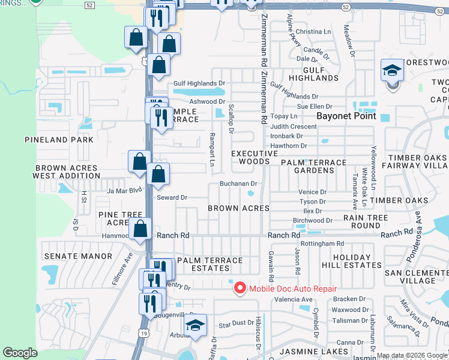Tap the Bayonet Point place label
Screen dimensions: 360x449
click(x=346, y=116)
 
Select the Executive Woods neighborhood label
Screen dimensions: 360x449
click(x=255, y=158)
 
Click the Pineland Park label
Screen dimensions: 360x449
click(x=59, y=140)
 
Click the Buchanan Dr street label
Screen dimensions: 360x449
click(x=238, y=184)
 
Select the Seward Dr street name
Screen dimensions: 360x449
click(x=172, y=197)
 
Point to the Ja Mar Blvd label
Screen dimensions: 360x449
click(x=124, y=191)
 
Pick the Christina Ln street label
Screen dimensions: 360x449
click(x=313, y=32)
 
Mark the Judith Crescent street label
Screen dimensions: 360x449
click(x=294, y=127)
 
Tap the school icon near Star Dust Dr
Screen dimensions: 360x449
click(x=195, y=326)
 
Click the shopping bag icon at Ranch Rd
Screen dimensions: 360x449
click(x=140, y=229)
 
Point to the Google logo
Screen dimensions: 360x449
click(x=20, y=353)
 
